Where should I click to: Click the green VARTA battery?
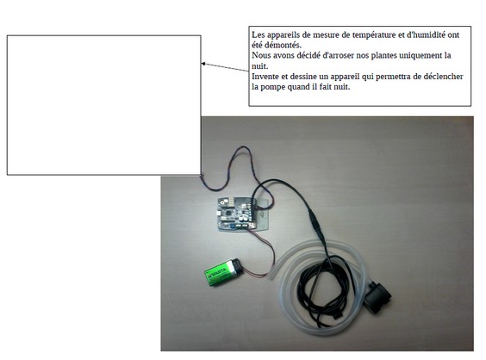(x=222, y=272)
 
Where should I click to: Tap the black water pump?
(x=377, y=296)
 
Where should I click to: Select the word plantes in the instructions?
(x=383, y=56)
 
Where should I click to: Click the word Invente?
(x=263, y=77)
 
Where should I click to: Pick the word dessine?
(x=304, y=77)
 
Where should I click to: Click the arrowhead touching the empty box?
(x=203, y=64)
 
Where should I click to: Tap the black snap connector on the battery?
(x=237, y=266)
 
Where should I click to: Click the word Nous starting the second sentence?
(x=259, y=56)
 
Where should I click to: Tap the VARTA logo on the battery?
(x=219, y=272)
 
